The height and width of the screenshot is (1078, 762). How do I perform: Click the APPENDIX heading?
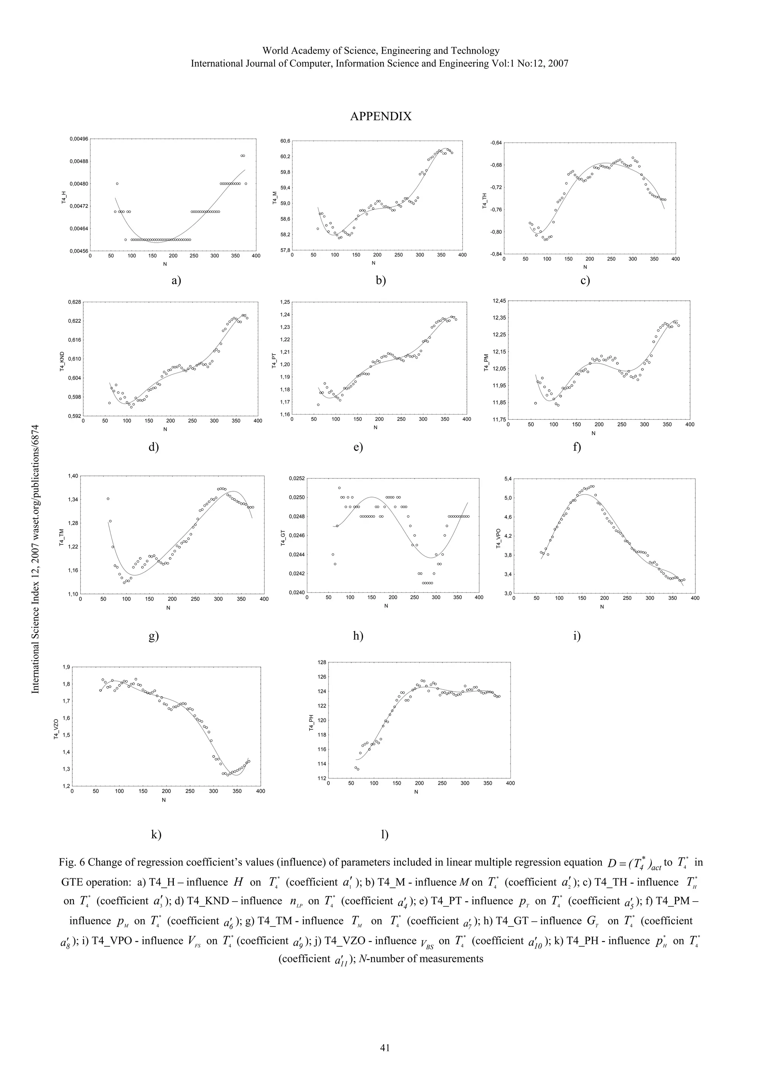[x=380, y=116]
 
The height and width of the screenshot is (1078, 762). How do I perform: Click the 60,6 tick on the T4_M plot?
[x=285, y=141]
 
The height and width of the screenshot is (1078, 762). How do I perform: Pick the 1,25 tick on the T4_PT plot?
[x=284, y=302]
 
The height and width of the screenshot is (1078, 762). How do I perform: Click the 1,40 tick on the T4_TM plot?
[x=73, y=476]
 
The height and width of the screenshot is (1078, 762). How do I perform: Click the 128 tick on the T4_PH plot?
[x=321, y=662]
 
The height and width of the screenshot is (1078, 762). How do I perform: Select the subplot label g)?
[x=154, y=637]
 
